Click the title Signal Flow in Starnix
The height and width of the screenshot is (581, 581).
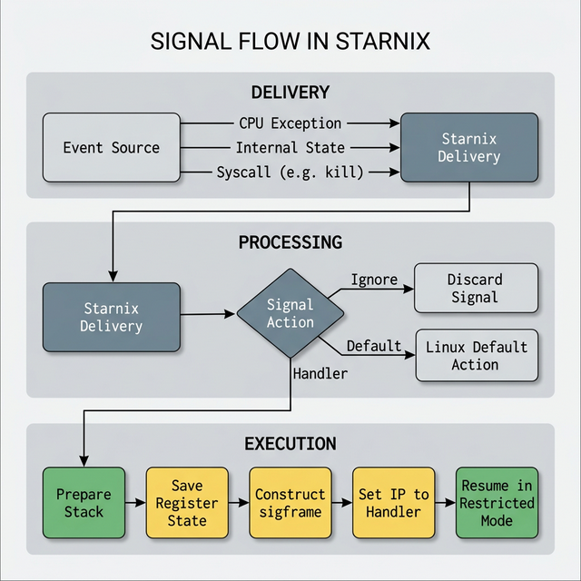(x=290, y=42)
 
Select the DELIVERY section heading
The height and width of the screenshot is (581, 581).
(x=290, y=93)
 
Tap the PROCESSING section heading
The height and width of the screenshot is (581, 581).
(x=290, y=242)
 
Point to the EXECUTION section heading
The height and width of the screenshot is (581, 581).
(x=290, y=444)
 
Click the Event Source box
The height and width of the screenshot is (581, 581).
(x=112, y=147)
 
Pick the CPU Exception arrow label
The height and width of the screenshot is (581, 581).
(x=290, y=123)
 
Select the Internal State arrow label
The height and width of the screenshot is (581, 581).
(x=290, y=147)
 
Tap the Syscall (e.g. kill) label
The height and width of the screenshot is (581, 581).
(x=290, y=172)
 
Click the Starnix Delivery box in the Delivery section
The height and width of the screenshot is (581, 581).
(x=468, y=147)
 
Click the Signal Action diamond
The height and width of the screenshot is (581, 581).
(x=290, y=313)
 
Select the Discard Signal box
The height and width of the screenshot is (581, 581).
(x=476, y=289)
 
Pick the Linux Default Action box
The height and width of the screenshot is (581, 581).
(x=476, y=355)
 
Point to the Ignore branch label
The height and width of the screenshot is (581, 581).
(x=372, y=280)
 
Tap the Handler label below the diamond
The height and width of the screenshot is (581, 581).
(x=320, y=372)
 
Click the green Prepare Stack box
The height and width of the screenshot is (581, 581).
(x=84, y=503)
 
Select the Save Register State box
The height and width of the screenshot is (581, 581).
(x=187, y=503)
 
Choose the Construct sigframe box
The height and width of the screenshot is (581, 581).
(x=290, y=503)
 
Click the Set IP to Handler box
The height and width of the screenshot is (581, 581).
(x=394, y=503)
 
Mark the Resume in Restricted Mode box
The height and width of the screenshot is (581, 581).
(x=497, y=503)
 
